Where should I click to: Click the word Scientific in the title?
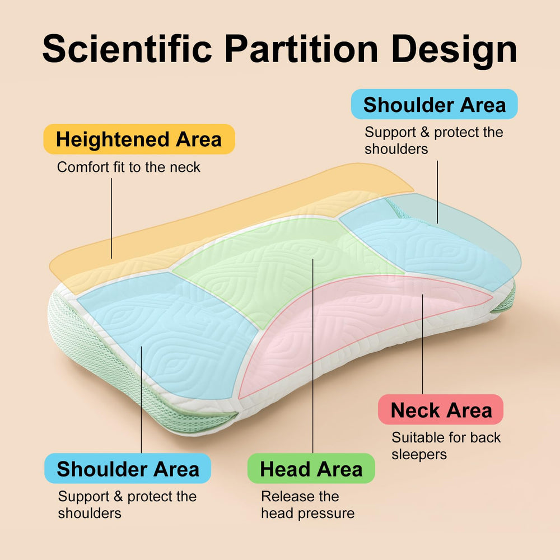pyautogui.click(x=127, y=49)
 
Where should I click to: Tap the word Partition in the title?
pyautogui.click(x=301, y=49)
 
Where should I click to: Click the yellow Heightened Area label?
pyautogui.click(x=139, y=139)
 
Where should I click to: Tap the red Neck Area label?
pyautogui.click(x=441, y=410)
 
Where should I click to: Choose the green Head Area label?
pyautogui.click(x=311, y=468)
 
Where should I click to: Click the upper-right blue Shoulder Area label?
pyautogui.click(x=435, y=104)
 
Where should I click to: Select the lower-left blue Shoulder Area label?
pyautogui.click(x=128, y=468)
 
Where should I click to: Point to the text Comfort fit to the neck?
pyautogui.click(x=129, y=167)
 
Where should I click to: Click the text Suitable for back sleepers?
pyautogui.click(x=446, y=446)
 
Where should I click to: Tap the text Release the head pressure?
pyautogui.click(x=308, y=505)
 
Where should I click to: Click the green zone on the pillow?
pyautogui.click(x=286, y=264)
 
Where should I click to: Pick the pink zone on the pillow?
pyautogui.click(x=357, y=321)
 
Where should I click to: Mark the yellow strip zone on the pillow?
pyautogui.click(x=214, y=228)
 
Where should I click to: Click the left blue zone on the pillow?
pyautogui.click(x=168, y=332)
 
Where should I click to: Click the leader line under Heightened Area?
pyautogui.click(x=112, y=218)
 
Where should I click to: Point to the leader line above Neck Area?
pyautogui.click(x=422, y=344)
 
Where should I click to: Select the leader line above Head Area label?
pyautogui.click(x=313, y=356)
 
